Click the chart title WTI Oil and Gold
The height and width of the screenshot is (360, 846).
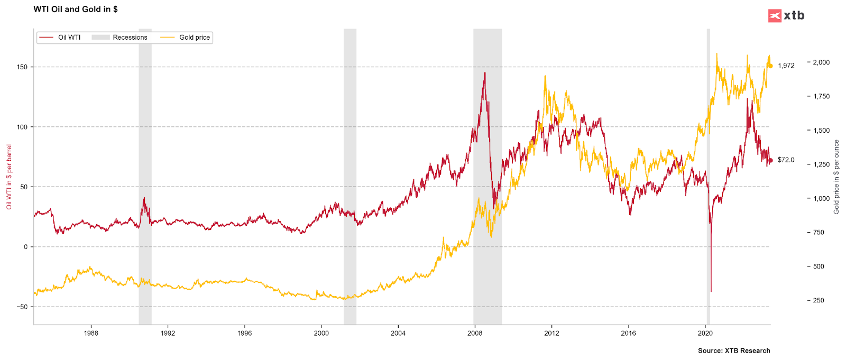click(76, 9)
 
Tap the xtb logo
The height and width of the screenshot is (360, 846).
click(786, 15)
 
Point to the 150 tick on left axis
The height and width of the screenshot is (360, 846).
click(22, 67)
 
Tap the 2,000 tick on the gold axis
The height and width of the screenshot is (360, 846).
click(821, 62)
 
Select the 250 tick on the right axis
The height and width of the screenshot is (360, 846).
click(818, 300)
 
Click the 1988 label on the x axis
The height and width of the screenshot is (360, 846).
click(91, 334)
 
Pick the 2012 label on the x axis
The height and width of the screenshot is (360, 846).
click(551, 334)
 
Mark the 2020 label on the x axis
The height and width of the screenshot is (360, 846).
click(705, 334)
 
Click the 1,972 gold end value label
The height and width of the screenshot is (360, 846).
click(786, 66)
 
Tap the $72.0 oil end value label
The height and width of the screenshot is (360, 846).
click(786, 160)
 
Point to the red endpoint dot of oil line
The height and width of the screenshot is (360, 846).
click(770, 160)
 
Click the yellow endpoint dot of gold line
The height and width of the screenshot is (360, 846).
click(770, 66)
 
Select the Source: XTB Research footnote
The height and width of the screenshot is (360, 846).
click(733, 350)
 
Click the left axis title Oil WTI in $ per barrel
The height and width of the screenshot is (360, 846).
click(9, 177)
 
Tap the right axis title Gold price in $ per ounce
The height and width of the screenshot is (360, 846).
click(836, 177)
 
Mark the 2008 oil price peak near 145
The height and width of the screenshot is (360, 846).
click(484, 73)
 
